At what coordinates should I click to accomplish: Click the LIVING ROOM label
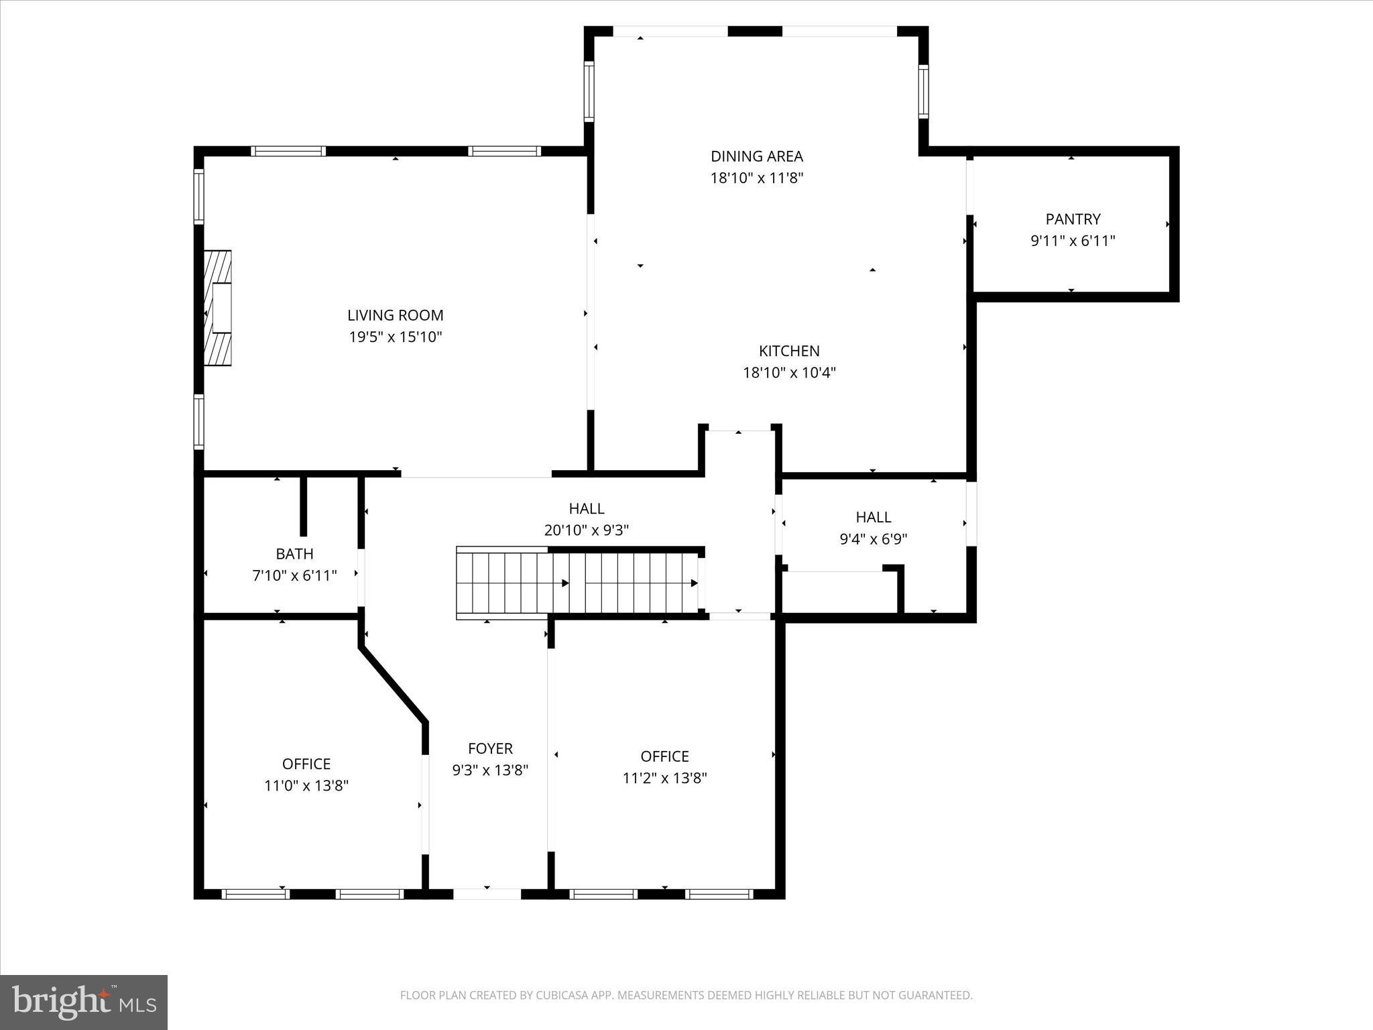395,315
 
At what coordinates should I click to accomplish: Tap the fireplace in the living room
218,308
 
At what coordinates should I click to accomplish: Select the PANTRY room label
1073,219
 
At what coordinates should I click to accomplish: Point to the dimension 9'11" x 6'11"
1073,241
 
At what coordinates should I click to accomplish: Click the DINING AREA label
756,156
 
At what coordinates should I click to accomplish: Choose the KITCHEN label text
789,351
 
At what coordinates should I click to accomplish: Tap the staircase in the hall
577,583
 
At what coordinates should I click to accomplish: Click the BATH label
294,554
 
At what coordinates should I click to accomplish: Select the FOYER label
490,748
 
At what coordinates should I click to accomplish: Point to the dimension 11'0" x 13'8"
306,785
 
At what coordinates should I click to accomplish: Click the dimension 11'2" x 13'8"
664,778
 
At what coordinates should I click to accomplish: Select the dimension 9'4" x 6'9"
873,539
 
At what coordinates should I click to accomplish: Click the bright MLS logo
84,1003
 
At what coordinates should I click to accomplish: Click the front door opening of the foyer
487,893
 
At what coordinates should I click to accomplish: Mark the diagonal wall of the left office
393,685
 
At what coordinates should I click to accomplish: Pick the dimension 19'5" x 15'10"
395,337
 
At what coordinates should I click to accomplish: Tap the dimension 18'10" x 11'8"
756,178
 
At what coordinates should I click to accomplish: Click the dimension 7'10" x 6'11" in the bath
294,575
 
